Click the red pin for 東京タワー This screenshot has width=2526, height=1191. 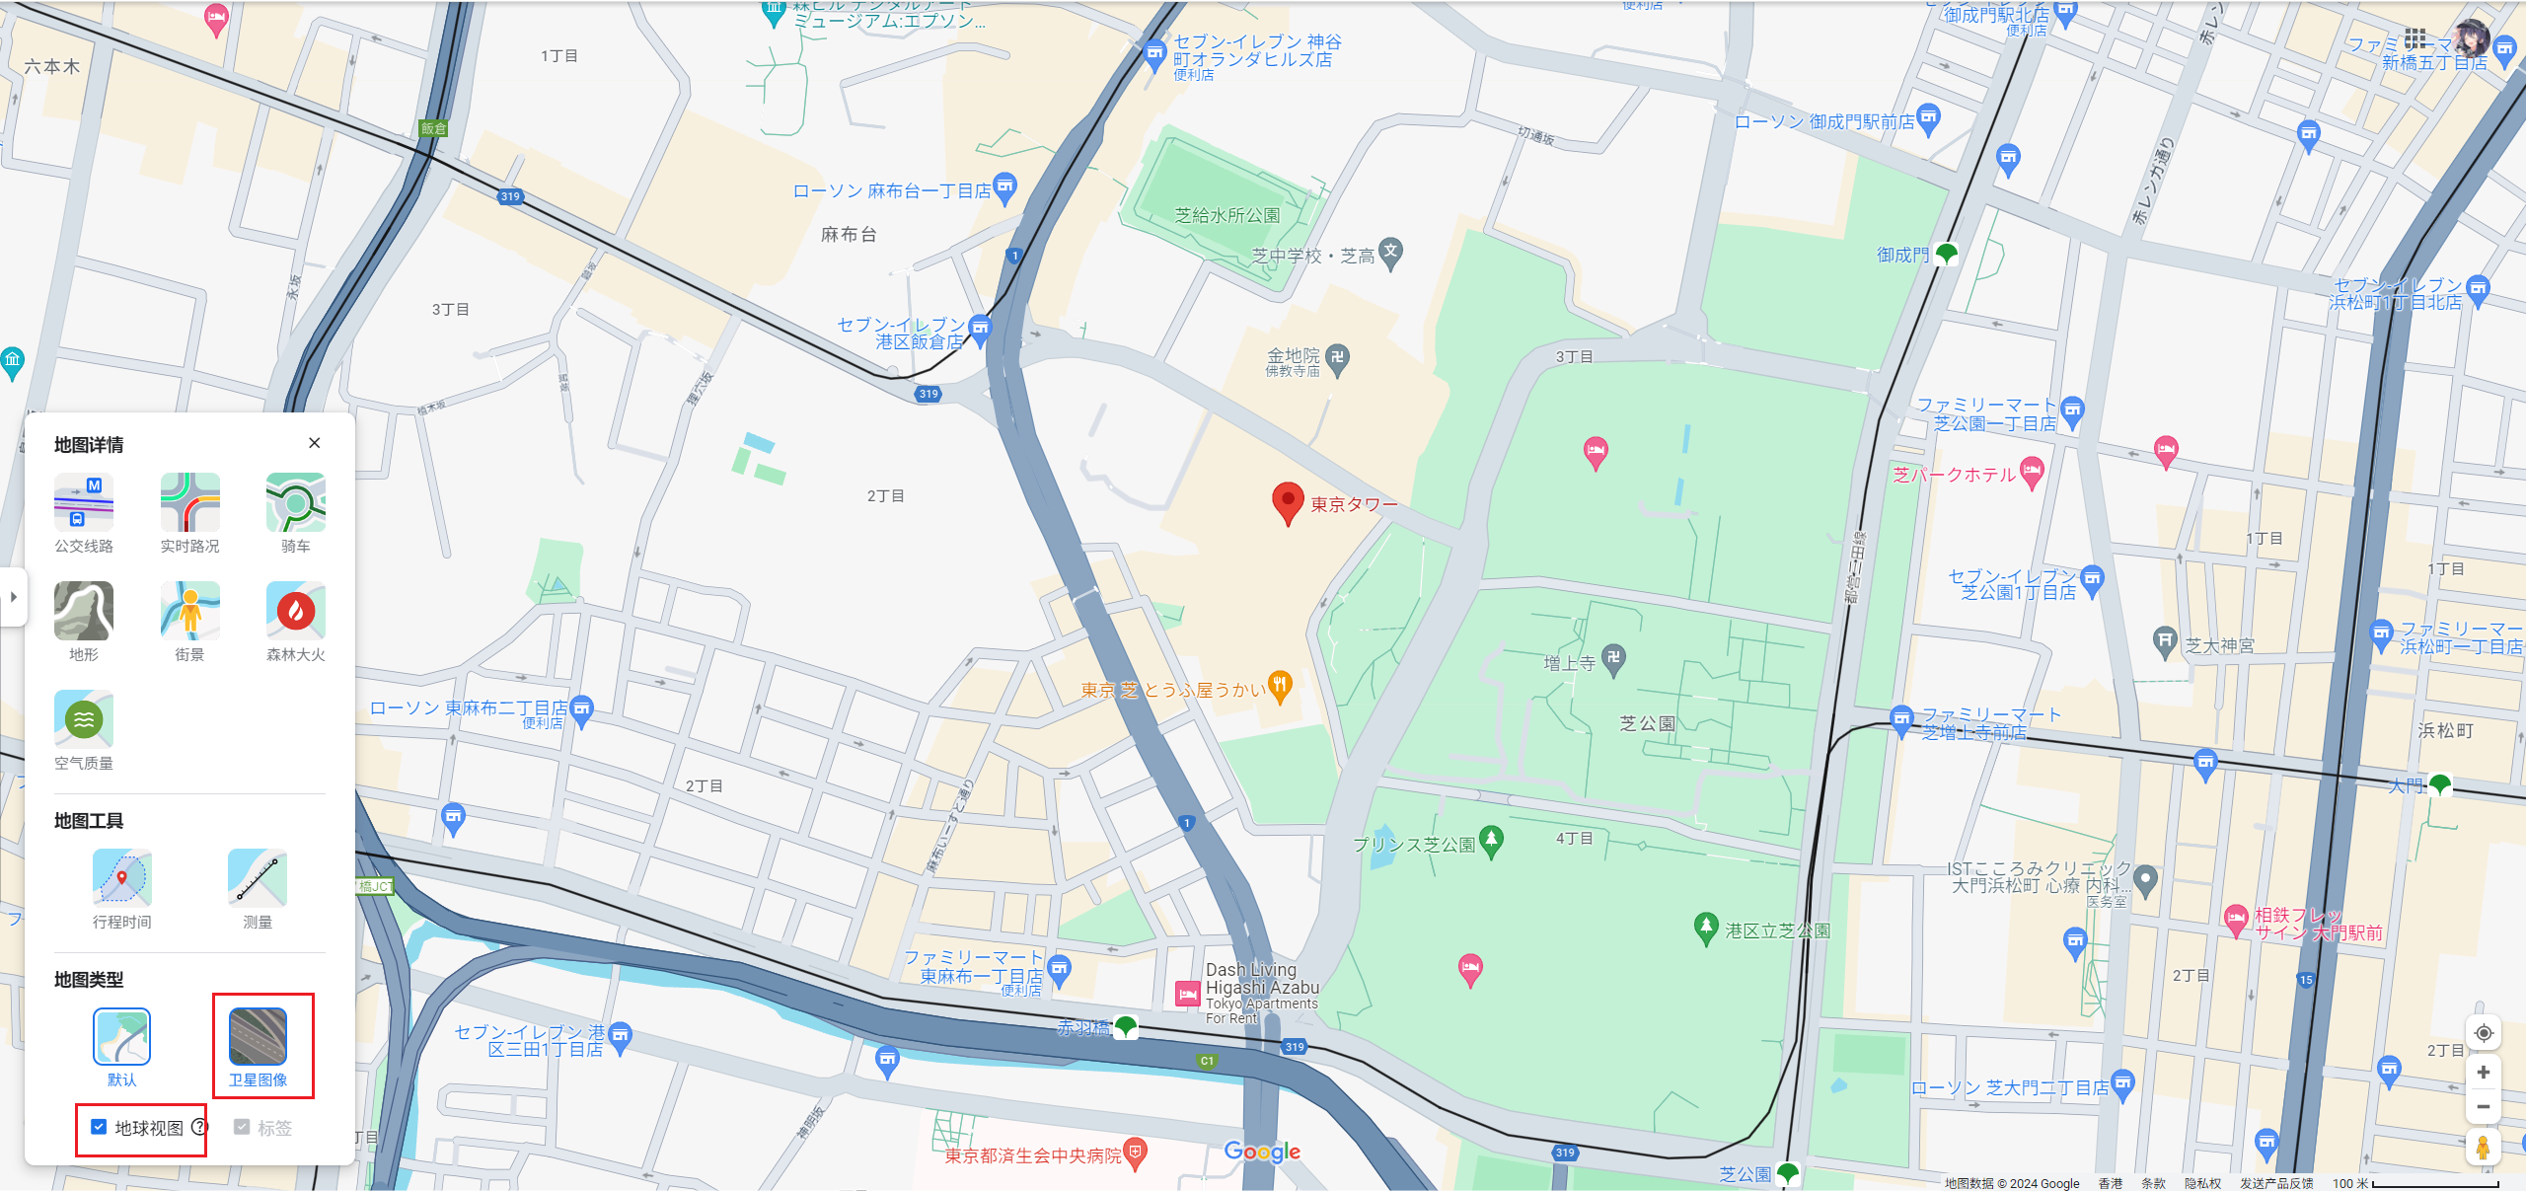pos(1288,501)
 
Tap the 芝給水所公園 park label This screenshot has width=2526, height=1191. pos(1226,215)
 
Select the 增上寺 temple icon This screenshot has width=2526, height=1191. pos(1614,659)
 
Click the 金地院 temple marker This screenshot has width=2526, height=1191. pos(1337,358)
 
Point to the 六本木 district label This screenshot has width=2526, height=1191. pos(51,67)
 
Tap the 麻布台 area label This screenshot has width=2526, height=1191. pos(849,235)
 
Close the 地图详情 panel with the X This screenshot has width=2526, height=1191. pos(315,443)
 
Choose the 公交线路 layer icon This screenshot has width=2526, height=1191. pos(84,502)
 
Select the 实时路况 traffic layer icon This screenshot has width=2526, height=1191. pos(189,502)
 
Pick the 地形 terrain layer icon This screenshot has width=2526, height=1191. pos(84,611)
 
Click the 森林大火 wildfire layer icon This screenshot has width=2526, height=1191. pos(295,611)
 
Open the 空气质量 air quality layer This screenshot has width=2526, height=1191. pos(84,719)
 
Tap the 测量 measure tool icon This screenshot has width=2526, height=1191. pos(257,877)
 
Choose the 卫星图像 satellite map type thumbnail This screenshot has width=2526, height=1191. pos(258,1036)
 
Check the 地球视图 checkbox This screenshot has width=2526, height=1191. pos(99,1127)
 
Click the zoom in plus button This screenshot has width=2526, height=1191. pos(2484,1073)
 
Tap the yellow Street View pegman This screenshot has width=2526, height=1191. pos(2484,1148)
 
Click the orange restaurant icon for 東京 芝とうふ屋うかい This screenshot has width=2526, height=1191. pos(1280,686)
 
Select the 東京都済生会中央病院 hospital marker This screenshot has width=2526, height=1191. pos(1136,1153)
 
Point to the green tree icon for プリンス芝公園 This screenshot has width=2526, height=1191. pos(1491,841)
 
